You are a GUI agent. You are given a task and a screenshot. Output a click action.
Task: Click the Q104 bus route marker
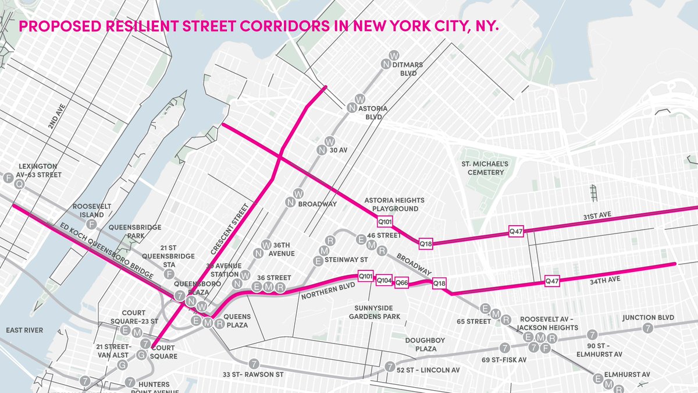point(384,280)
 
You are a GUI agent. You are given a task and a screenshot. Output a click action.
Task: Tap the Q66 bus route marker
point(402,283)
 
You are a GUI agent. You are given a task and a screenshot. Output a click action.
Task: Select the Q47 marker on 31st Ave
point(516,231)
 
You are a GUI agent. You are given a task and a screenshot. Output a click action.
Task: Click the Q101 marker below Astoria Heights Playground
point(385,221)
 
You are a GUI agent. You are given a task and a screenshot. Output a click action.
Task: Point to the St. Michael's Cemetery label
point(484,168)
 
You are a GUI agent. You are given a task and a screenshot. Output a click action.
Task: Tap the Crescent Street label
point(231,229)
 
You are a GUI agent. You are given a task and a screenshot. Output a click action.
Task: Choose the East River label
point(24,330)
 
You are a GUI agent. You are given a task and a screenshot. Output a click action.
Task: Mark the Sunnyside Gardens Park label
point(375,312)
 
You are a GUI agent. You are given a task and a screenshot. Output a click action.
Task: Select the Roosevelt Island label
point(92,210)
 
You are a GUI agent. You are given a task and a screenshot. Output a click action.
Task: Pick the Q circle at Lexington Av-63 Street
point(19,184)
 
